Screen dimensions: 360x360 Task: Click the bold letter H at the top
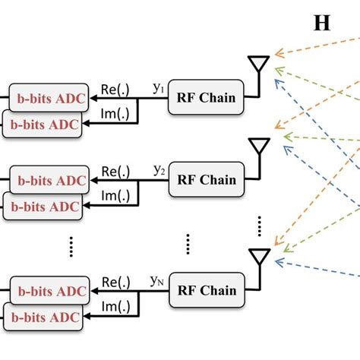coord(322,22)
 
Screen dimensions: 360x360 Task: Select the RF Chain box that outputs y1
coord(207,97)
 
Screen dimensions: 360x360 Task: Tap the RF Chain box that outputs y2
coord(207,181)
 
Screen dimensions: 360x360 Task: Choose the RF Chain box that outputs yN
coord(207,290)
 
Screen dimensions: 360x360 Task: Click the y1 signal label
coord(158,89)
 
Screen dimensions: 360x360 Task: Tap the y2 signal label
coord(158,171)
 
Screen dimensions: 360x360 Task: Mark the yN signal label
coord(158,281)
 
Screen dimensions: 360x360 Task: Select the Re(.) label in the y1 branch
coord(115,90)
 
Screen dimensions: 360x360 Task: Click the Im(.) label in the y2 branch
coord(115,196)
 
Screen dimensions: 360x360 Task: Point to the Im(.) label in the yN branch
coord(115,306)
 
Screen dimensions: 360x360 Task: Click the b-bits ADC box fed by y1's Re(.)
coord(47,97)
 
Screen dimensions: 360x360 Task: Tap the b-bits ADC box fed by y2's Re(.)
coord(47,181)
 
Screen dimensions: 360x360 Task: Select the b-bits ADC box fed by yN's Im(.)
coord(43,315)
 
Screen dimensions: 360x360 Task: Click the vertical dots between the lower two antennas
coord(260,225)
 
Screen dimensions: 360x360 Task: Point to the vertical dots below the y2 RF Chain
coord(188,245)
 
